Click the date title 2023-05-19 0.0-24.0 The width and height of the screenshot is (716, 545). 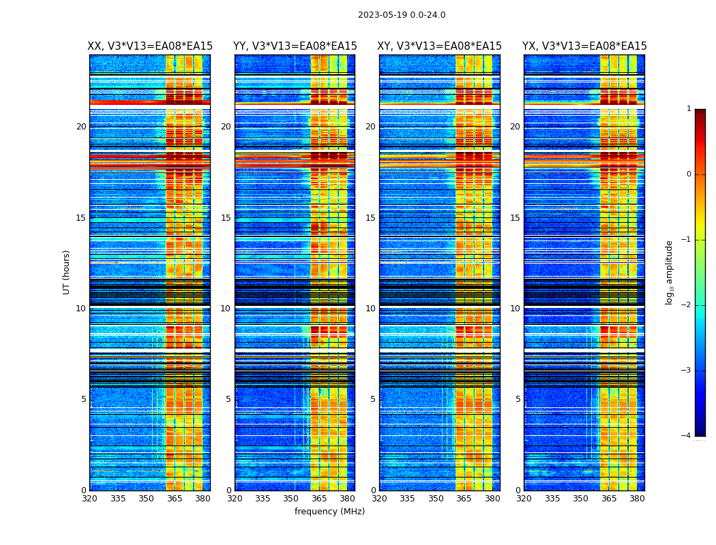tap(402, 15)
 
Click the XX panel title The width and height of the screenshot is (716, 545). tap(150, 46)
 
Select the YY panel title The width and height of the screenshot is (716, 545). tap(295, 46)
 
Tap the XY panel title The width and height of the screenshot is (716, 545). tap(440, 46)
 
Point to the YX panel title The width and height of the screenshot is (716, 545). tap(584, 46)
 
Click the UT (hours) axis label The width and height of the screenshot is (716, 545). tap(67, 272)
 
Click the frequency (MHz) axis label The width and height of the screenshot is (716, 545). tap(329, 512)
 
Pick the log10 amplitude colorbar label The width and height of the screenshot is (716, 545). tap(669, 272)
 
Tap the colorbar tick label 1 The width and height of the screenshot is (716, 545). tap(689, 109)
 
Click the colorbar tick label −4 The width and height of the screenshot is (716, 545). tap(687, 436)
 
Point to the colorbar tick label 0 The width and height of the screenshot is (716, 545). tap(689, 174)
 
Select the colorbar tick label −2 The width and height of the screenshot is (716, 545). tap(687, 305)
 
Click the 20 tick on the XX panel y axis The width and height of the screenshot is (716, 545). tap(81, 127)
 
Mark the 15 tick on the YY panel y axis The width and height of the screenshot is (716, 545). tap(226, 218)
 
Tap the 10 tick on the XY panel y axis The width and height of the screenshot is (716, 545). tap(370, 309)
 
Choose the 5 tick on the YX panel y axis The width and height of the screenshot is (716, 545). tap(518, 399)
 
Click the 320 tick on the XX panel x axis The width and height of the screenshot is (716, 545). tap(89, 499)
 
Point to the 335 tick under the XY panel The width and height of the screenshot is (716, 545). tap(407, 499)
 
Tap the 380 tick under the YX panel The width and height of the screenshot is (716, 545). tap(637, 499)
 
